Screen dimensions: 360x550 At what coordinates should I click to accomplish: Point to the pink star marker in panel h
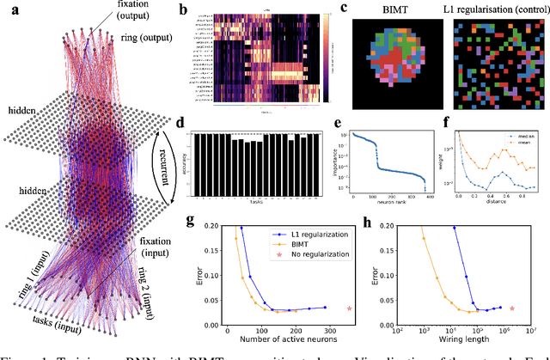click(x=512, y=308)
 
